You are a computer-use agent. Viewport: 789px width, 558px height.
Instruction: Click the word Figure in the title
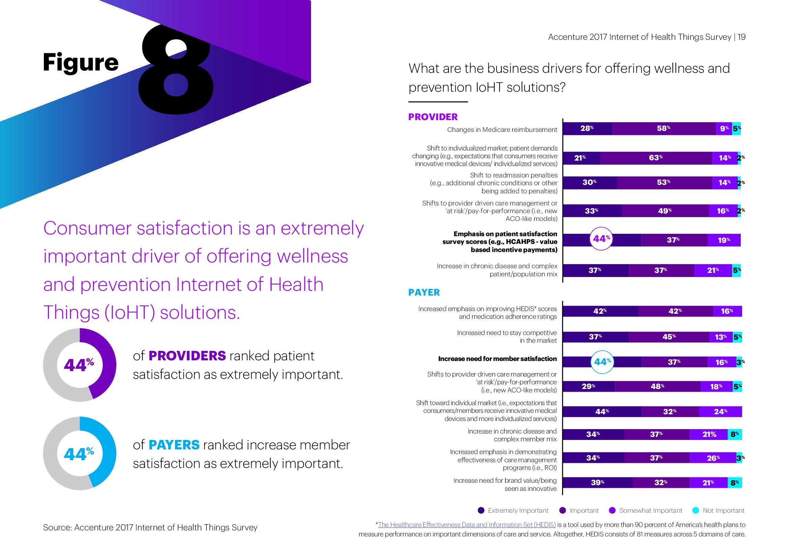[81, 62]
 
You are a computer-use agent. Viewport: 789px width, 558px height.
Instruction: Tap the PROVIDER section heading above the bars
[433, 117]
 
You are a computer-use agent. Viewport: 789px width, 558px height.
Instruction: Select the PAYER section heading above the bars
[424, 292]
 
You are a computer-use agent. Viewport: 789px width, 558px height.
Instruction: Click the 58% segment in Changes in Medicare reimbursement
[664, 129]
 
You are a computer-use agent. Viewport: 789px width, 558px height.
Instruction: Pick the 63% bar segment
[656, 158]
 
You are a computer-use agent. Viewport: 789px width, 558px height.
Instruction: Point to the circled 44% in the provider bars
[601, 239]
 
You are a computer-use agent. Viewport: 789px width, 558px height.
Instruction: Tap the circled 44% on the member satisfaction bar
[602, 362]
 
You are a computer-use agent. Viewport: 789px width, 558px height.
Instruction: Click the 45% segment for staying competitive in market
[669, 337]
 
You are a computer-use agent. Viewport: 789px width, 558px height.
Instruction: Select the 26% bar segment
[713, 458]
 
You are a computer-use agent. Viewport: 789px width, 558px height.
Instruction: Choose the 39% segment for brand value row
[597, 482]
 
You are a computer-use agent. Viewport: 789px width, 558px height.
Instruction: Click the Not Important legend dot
[696, 510]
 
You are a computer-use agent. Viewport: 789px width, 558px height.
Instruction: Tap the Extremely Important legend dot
[481, 510]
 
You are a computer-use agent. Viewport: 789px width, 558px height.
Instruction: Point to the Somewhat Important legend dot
[612, 510]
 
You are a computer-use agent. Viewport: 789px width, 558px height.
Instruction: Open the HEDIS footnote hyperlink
[467, 525]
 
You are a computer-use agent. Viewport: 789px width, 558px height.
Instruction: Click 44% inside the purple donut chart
[79, 365]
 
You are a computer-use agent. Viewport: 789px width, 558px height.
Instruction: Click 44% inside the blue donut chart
[79, 454]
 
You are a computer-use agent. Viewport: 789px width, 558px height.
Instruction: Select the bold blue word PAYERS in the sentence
[174, 445]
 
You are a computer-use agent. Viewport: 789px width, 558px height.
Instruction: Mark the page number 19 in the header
[741, 37]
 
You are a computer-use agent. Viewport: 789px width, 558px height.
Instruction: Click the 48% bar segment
[657, 387]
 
